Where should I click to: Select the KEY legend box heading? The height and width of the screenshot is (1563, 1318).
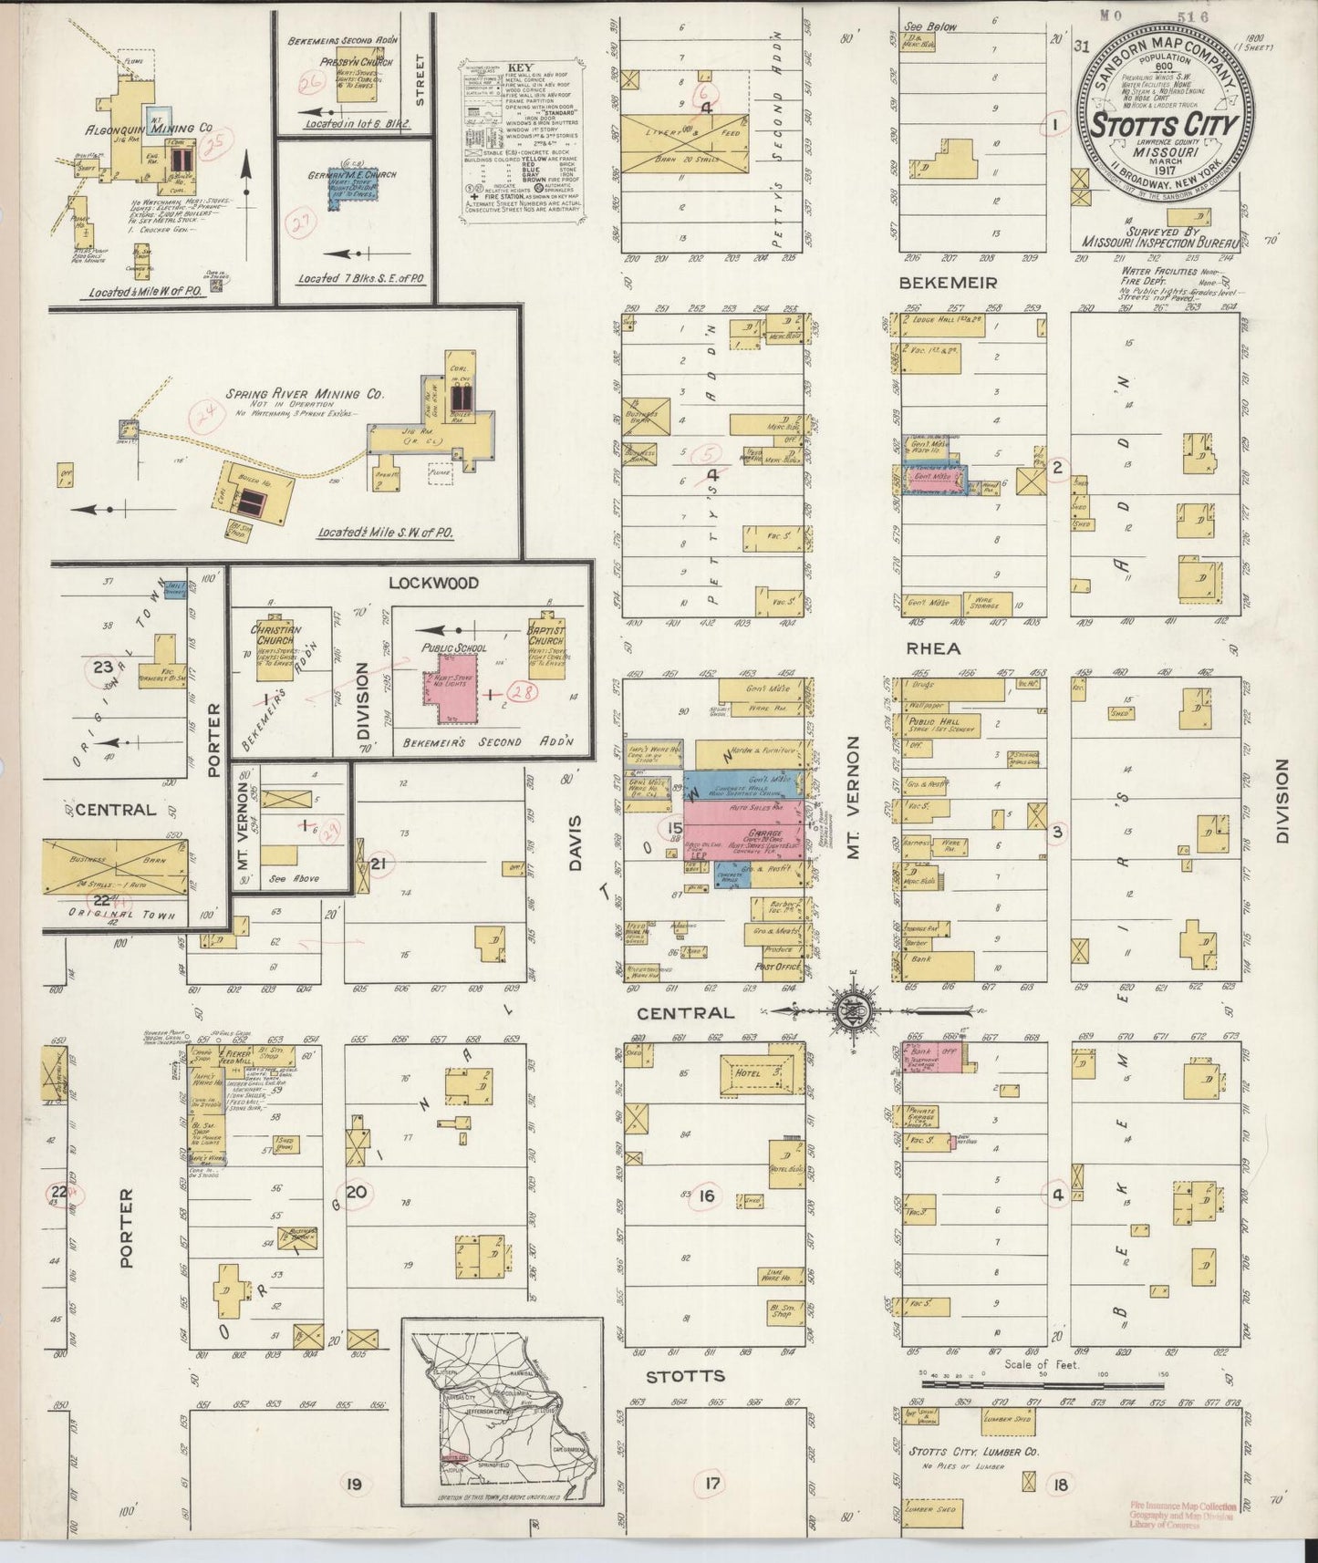pos(521,67)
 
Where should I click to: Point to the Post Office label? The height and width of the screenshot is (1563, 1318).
pos(778,967)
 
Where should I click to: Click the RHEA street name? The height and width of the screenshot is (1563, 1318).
pos(933,648)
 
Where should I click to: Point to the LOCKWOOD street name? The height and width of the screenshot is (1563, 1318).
pos(420,583)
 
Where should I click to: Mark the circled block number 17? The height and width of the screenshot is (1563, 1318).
pos(711,1484)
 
